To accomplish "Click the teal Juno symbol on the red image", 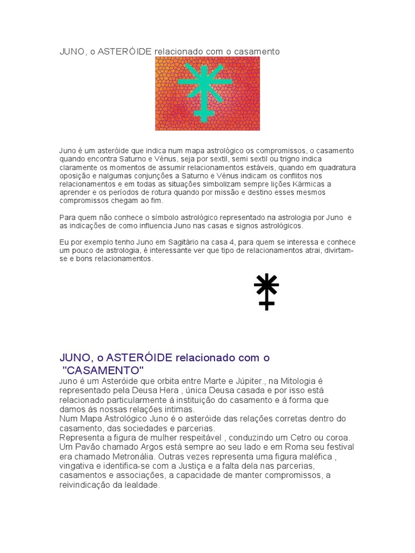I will point(205,91).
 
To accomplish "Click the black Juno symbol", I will point(266,291).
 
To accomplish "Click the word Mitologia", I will point(287,381).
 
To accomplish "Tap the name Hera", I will point(171,390).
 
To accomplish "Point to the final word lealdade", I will point(142,485).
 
